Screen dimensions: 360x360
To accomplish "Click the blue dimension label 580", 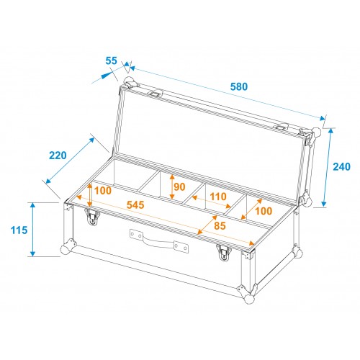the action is [x=239, y=86].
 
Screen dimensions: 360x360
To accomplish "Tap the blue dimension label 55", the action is [x=111, y=60].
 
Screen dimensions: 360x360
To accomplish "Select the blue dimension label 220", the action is [x=58, y=156].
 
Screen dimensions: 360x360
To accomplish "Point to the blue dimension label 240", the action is [x=341, y=166].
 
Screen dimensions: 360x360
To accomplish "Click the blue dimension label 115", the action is [x=19, y=230].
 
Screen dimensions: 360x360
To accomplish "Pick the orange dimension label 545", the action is [x=135, y=205].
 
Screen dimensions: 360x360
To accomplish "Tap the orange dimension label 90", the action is [x=179, y=186].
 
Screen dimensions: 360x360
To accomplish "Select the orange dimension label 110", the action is [x=218, y=197].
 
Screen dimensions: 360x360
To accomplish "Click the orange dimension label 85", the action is [x=220, y=225].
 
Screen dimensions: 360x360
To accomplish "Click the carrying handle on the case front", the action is [x=159, y=240].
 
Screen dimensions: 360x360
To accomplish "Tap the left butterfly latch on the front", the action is [x=92, y=216].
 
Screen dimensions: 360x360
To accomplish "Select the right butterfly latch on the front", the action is [x=224, y=253].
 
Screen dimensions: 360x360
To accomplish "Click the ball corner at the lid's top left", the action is [x=129, y=80].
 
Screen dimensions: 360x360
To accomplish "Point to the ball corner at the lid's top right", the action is [x=317, y=132].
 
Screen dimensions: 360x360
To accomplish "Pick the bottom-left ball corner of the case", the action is [x=66, y=249].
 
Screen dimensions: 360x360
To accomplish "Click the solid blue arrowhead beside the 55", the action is [x=105, y=76].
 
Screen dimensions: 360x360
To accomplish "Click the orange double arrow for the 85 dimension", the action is [x=207, y=225].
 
